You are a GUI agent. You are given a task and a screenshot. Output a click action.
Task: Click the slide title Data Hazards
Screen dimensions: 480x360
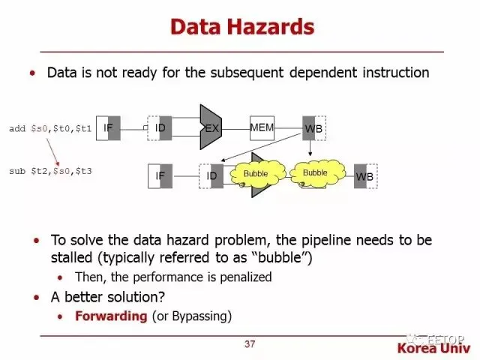(241, 28)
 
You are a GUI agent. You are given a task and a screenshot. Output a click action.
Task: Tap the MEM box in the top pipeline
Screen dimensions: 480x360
(262, 127)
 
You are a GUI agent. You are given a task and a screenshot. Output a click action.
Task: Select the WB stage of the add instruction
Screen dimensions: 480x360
(312, 129)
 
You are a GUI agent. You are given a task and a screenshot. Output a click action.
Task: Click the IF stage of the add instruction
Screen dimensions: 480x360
(109, 128)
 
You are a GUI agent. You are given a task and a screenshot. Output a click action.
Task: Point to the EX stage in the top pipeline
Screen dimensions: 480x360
(212, 128)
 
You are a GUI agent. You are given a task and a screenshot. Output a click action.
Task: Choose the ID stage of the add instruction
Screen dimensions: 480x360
(160, 128)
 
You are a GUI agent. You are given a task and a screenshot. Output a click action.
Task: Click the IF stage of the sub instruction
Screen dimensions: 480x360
(160, 175)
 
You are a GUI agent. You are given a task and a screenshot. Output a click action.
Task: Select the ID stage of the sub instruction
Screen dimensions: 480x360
(212, 175)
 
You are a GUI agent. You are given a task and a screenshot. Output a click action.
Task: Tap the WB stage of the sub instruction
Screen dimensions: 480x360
(364, 176)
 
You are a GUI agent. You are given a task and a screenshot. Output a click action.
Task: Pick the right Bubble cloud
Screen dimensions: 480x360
(315, 172)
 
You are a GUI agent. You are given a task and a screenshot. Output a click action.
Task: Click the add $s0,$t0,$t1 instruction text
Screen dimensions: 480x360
(50, 129)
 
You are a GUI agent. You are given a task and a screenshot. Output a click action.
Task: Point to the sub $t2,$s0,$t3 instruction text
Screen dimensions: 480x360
(50, 171)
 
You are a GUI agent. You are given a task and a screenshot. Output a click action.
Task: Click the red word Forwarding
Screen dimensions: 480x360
(110, 316)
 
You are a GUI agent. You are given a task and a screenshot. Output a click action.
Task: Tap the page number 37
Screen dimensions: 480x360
(250, 344)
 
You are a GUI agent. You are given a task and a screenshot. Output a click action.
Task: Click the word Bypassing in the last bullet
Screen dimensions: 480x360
(202, 316)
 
